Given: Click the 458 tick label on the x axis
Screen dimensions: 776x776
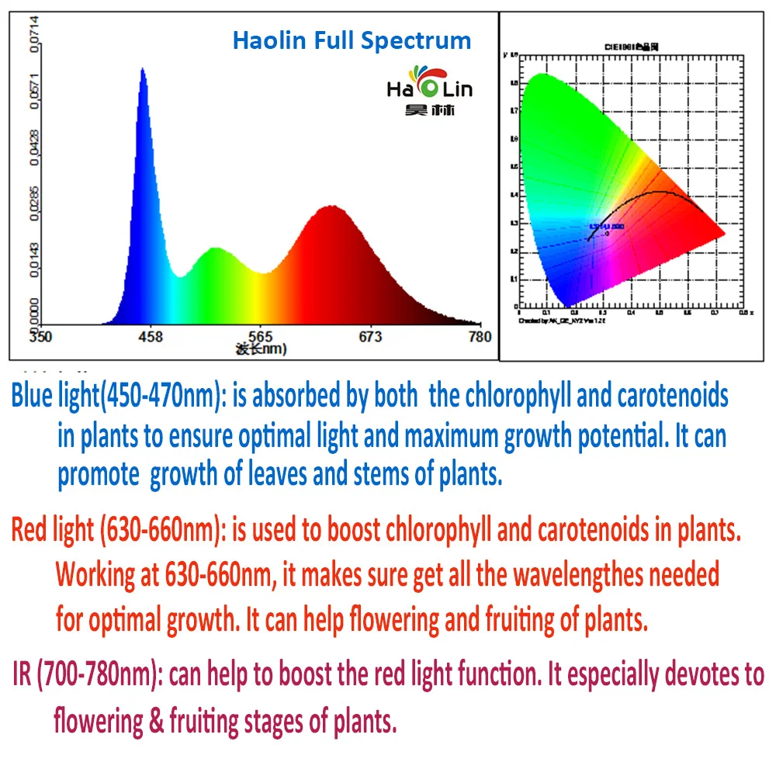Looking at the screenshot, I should click(x=150, y=337).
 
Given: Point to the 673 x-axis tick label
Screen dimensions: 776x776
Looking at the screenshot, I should click(x=370, y=337).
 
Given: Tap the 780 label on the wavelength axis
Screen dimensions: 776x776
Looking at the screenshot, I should click(x=480, y=337).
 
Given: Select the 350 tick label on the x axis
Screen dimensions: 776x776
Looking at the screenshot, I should click(x=40, y=337).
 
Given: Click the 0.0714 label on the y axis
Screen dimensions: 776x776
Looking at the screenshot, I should click(x=32, y=35).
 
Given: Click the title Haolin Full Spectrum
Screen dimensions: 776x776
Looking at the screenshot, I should click(x=352, y=40).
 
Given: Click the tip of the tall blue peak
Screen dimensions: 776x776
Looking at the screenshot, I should click(x=143, y=69).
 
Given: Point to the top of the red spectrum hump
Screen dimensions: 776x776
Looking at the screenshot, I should click(x=332, y=206).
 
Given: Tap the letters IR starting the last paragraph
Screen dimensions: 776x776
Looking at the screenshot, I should click(x=22, y=675).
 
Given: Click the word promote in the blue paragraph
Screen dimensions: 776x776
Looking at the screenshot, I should click(x=99, y=474).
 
